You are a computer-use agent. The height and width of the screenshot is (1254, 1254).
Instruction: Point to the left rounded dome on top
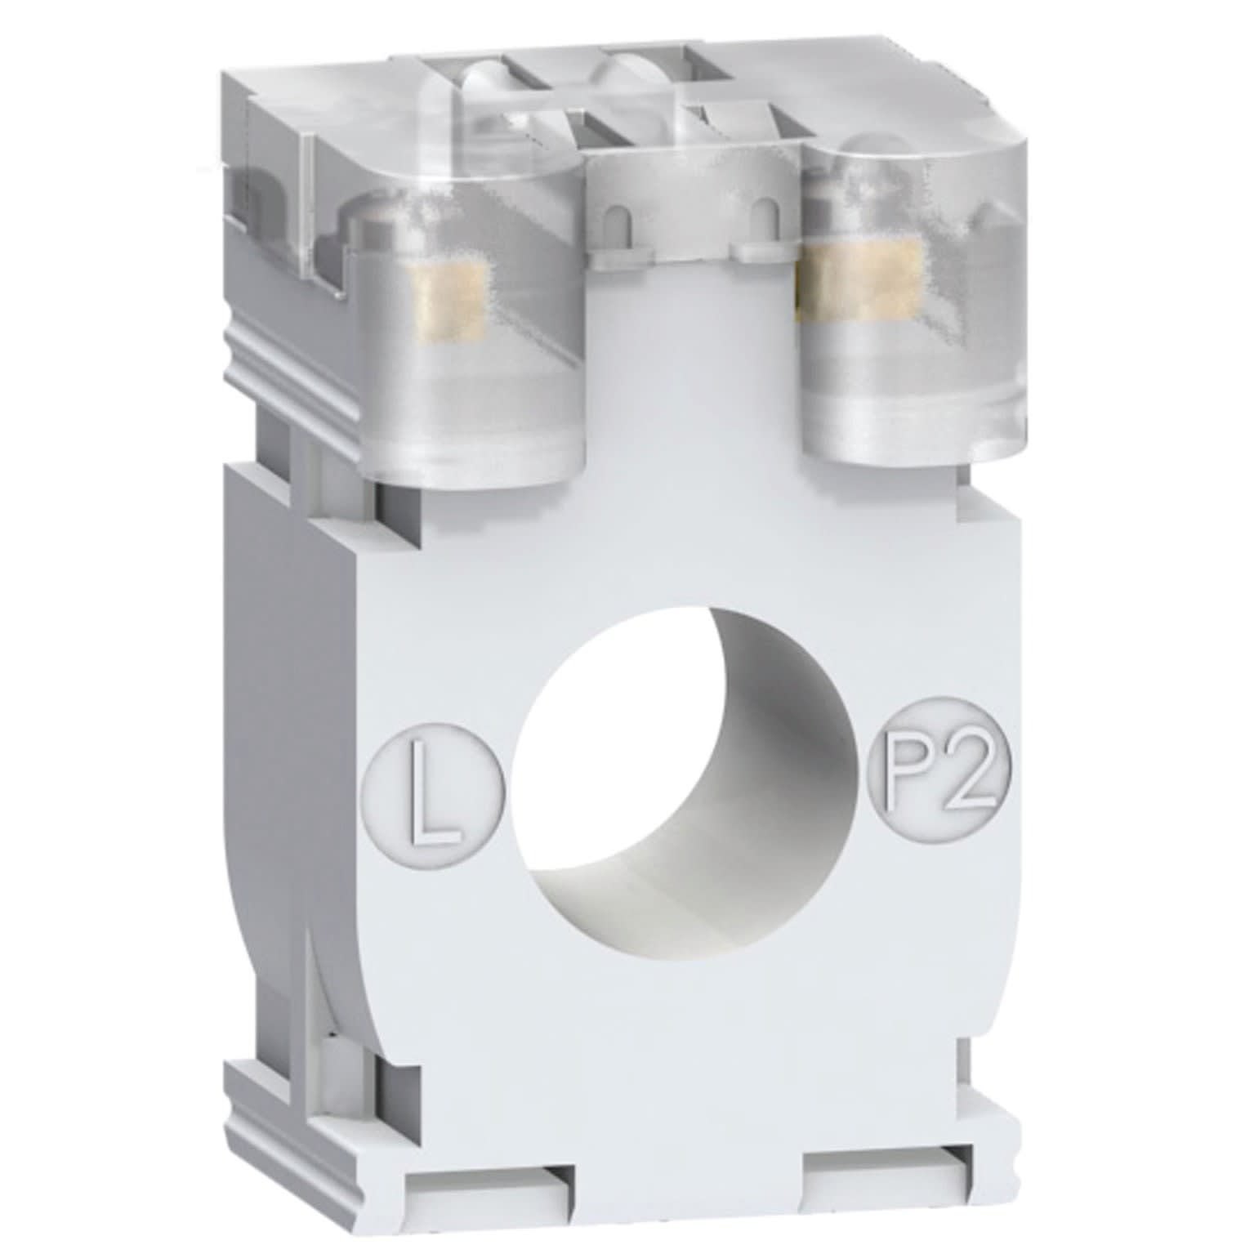coord(490,82)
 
